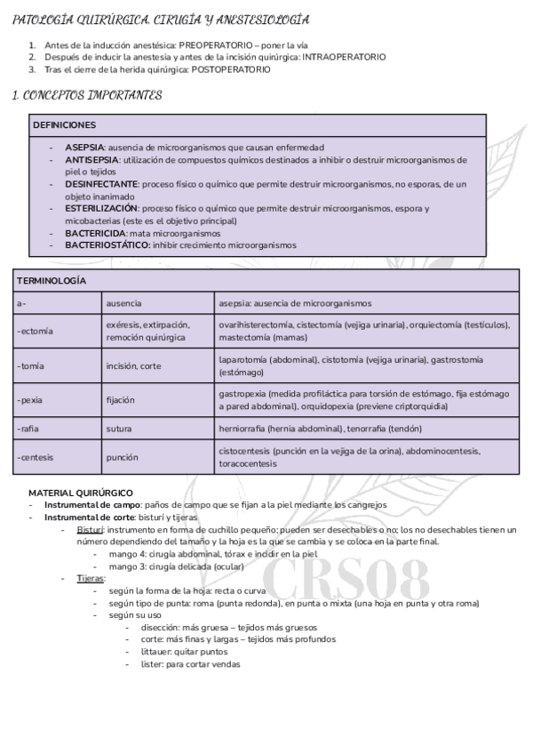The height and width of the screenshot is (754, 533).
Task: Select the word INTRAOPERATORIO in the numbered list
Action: tap(344, 57)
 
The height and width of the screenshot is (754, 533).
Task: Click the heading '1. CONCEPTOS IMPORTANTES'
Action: tap(87, 95)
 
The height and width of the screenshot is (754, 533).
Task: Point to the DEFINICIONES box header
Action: tap(64, 125)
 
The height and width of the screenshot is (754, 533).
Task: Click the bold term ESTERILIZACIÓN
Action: tap(101, 208)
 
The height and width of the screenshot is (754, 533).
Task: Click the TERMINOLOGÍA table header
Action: tap(52, 280)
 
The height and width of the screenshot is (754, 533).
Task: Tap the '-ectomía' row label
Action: tap(35, 332)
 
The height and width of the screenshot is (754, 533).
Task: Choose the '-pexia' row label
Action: tap(30, 400)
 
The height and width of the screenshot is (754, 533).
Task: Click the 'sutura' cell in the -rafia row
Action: tap(119, 429)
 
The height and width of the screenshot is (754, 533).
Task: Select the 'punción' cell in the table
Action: tap(122, 457)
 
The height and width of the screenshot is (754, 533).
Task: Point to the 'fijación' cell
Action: tap(122, 400)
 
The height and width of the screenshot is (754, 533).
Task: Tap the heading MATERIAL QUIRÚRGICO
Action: tap(81, 492)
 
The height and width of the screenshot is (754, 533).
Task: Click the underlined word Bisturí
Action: tap(90, 529)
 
